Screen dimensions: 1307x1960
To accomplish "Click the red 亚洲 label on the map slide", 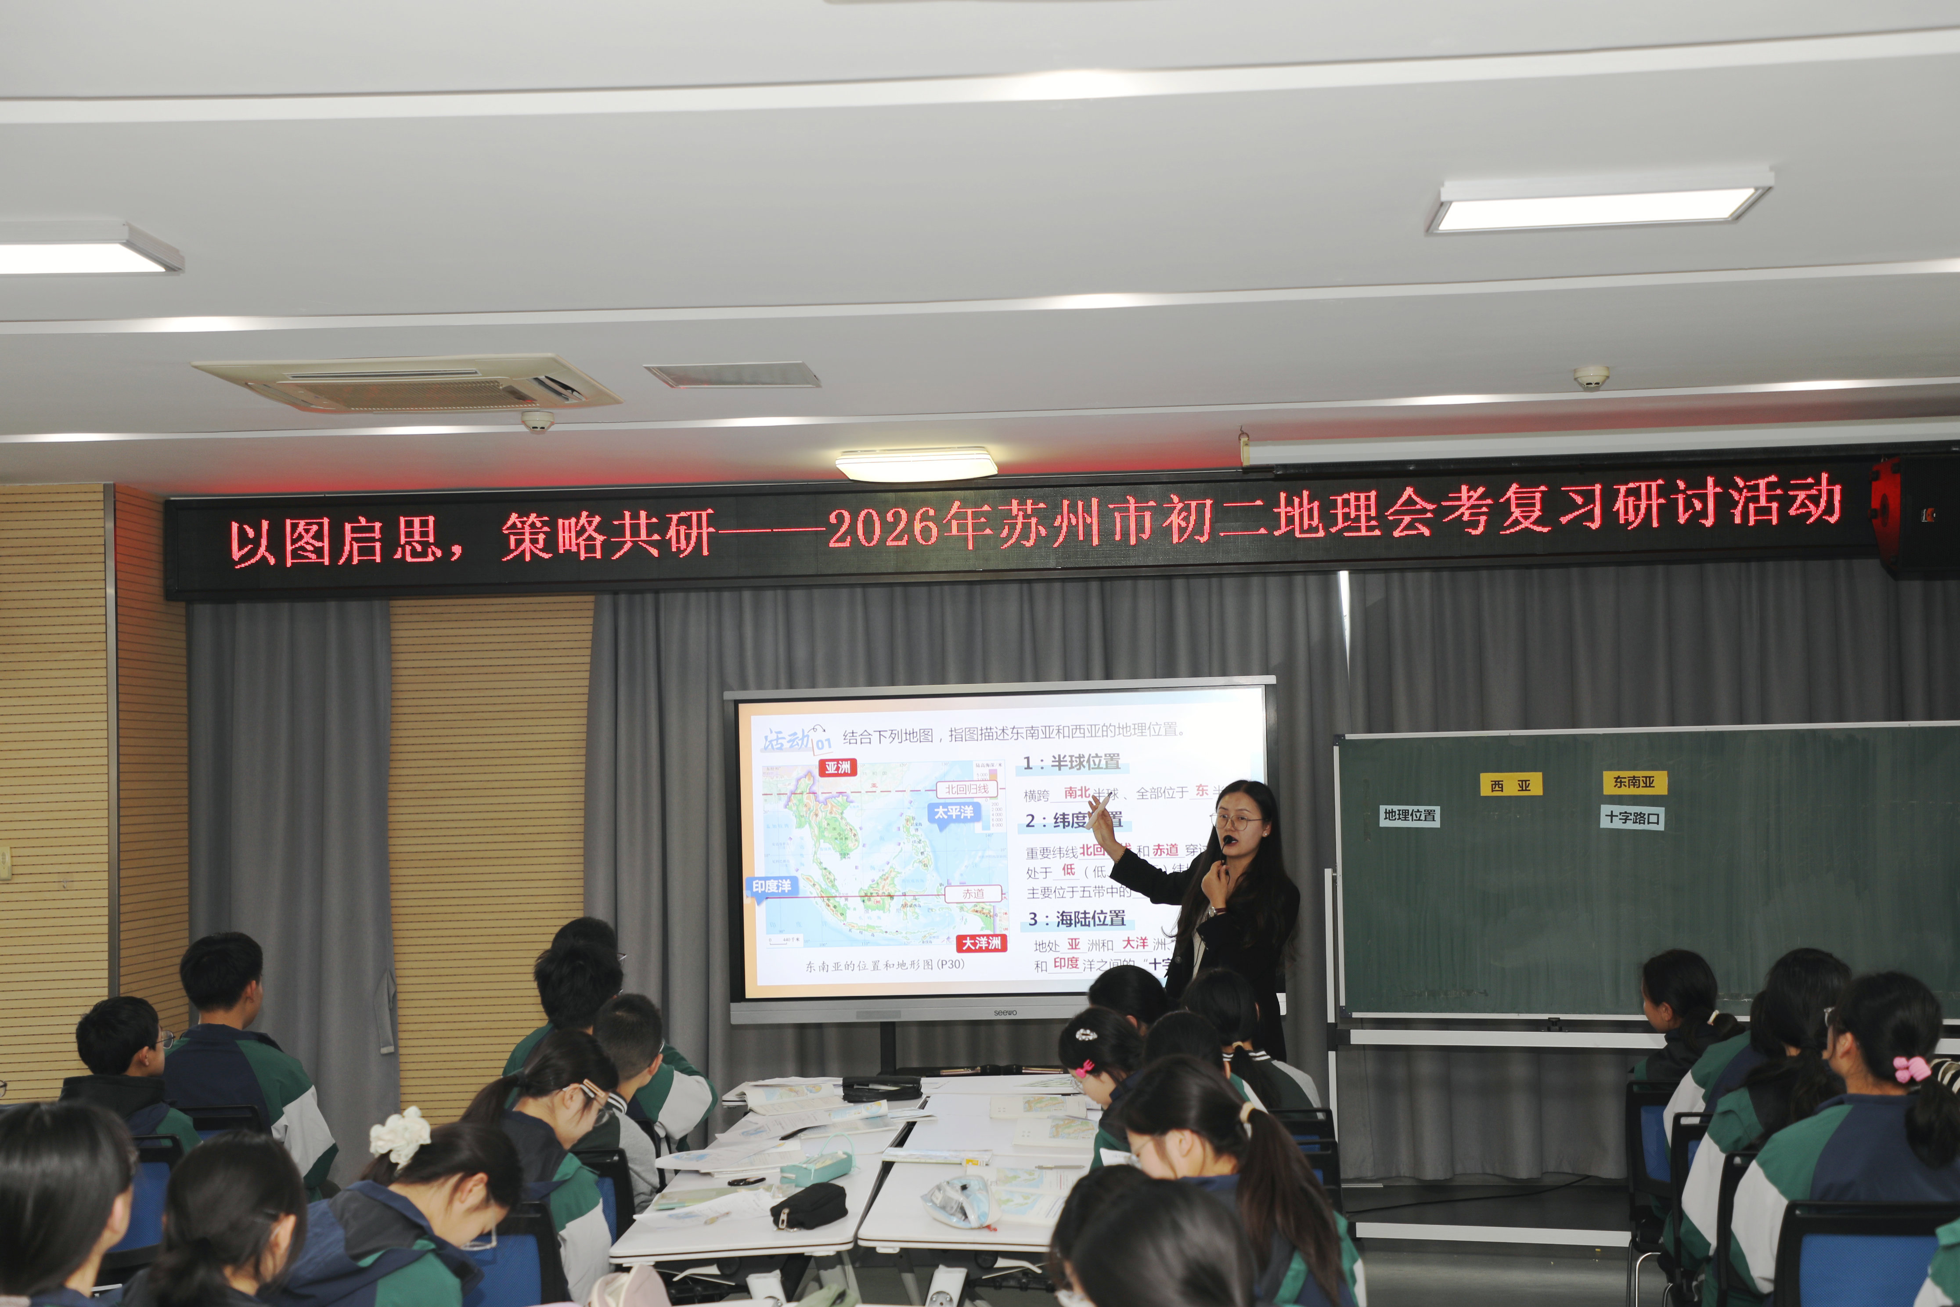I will [837, 767].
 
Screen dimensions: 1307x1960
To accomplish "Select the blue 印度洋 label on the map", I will [772, 886].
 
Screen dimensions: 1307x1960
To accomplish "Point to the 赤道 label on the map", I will [973, 893].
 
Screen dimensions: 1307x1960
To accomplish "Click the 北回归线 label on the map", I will [967, 788].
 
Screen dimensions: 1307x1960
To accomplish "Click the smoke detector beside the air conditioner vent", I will [537, 420].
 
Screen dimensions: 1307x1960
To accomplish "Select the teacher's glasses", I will [1237, 821].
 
